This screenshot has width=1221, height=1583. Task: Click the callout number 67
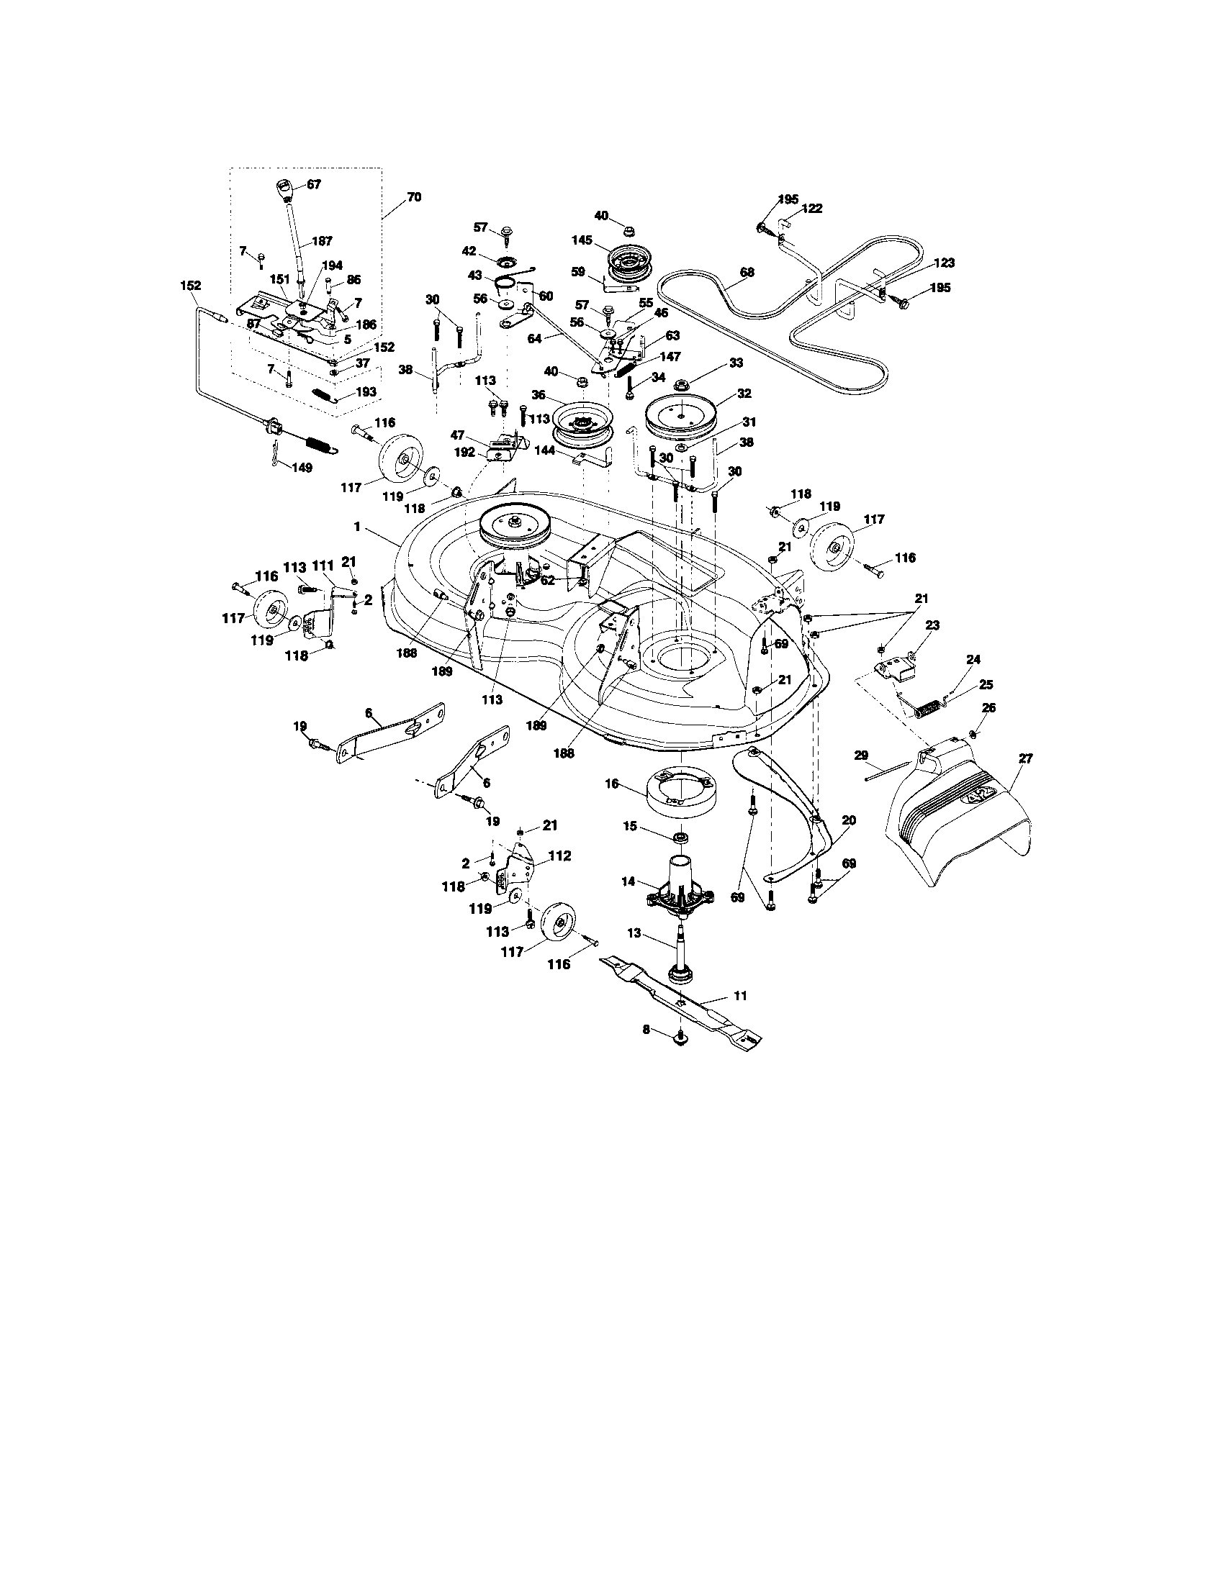313,184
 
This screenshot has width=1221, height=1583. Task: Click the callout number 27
1025,758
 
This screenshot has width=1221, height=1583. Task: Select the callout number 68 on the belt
747,273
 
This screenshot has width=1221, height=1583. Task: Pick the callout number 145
582,240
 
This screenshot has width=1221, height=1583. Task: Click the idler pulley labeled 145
629,265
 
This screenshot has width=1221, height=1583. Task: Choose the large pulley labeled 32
681,418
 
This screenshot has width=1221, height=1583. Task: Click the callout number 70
413,196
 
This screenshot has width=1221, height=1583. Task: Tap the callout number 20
849,820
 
